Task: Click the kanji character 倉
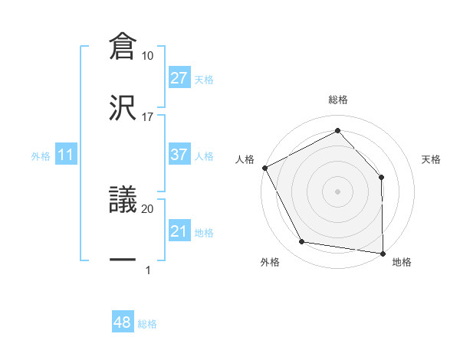[x=123, y=47]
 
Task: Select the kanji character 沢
[x=123, y=108]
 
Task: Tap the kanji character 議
[x=123, y=200]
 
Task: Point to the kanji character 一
[x=123, y=260]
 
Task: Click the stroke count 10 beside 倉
[x=148, y=56]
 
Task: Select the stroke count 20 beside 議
[x=148, y=208]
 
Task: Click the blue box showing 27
[x=179, y=78]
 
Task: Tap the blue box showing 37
[x=179, y=155]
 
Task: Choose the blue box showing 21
[x=179, y=231]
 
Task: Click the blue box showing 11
[x=66, y=155]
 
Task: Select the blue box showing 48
[x=123, y=322]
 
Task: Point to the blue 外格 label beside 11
[x=41, y=156]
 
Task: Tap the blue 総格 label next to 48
[x=147, y=324]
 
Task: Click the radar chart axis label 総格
[x=338, y=100]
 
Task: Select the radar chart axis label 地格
[x=402, y=262]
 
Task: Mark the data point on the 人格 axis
[x=264, y=167]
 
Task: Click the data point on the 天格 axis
[x=382, y=177]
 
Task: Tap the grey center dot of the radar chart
[x=338, y=191]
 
